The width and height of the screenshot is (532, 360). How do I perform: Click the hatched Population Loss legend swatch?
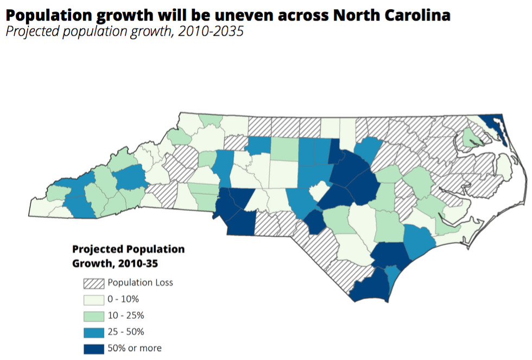[x=93, y=283]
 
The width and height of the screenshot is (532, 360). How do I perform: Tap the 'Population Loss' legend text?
[x=140, y=282]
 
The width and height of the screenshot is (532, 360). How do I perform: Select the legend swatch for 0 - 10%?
[x=93, y=299]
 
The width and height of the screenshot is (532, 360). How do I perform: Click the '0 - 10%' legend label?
[x=123, y=299]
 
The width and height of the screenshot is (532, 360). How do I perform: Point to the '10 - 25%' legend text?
[x=125, y=315]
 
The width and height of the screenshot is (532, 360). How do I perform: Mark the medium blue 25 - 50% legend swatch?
[x=93, y=332]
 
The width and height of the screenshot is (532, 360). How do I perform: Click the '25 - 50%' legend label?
[x=126, y=332]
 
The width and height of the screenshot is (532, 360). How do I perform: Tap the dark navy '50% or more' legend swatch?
[x=93, y=349]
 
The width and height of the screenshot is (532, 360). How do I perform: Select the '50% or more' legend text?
[x=134, y=348]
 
